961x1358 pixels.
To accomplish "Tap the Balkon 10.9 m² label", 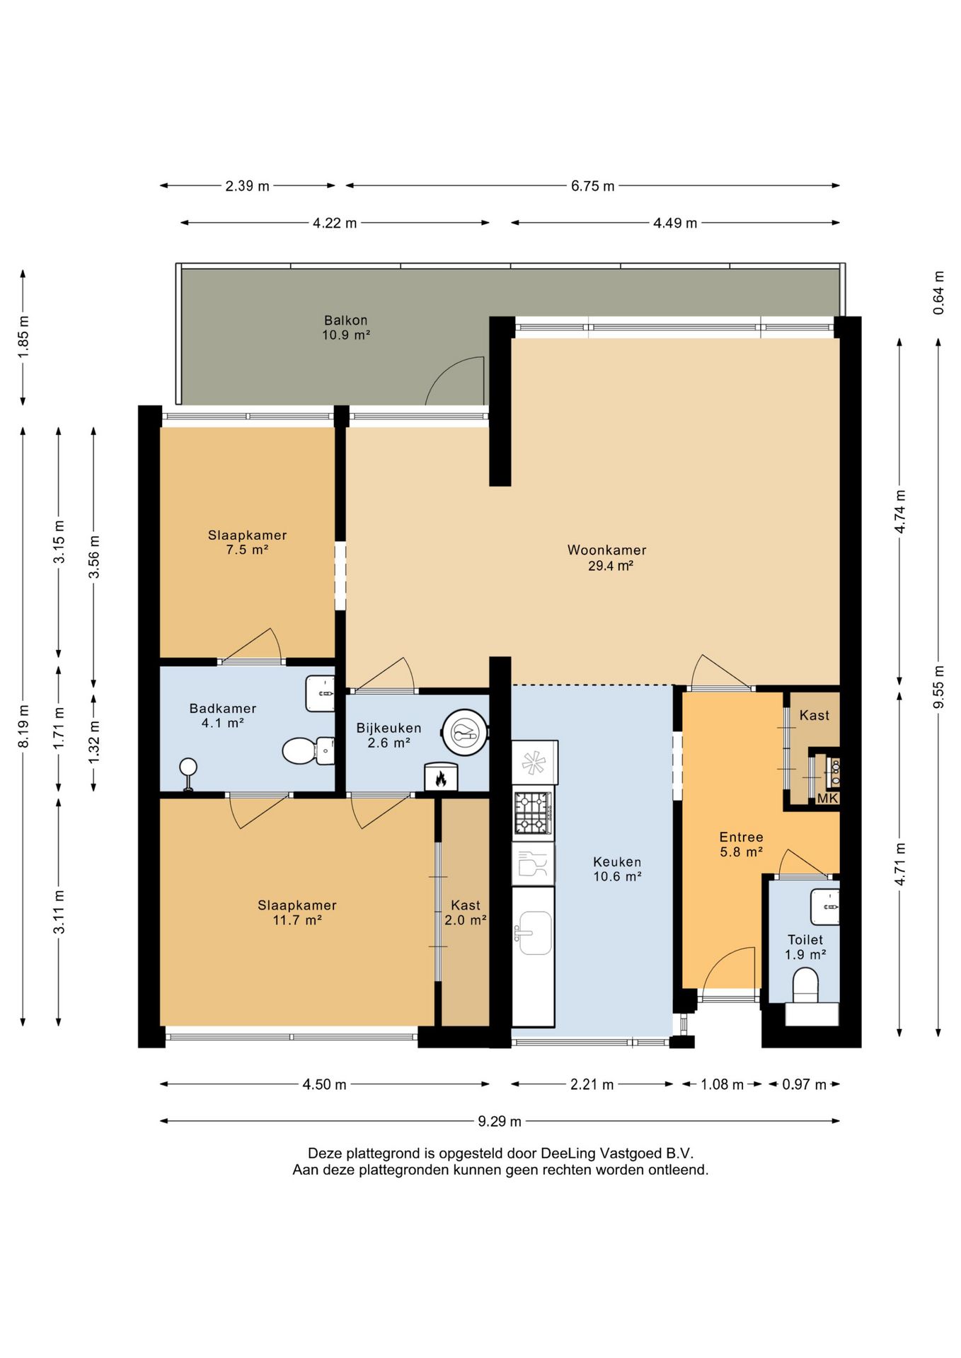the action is (346, 327).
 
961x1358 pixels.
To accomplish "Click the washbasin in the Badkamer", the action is (320, 694).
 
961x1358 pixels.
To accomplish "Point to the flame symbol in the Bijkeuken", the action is (441, 778).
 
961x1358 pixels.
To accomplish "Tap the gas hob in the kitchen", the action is (534, 813).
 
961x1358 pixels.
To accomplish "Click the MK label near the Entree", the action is (827, 799).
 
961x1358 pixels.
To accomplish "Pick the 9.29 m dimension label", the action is (500, 1121).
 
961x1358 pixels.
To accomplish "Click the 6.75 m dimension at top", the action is (593, 186).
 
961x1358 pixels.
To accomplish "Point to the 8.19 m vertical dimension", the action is (23, 726).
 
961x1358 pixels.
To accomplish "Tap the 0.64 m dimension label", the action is (938, 293).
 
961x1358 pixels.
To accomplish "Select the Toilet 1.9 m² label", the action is (805, 947).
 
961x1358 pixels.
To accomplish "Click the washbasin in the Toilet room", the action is (824, 907).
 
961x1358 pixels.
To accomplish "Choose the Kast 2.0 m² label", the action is (466, 912).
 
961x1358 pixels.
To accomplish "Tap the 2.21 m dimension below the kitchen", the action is (592, 1084).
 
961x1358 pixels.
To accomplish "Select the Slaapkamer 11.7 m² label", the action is (297, 912).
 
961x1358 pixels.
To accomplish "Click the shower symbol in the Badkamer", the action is (188, 774).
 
